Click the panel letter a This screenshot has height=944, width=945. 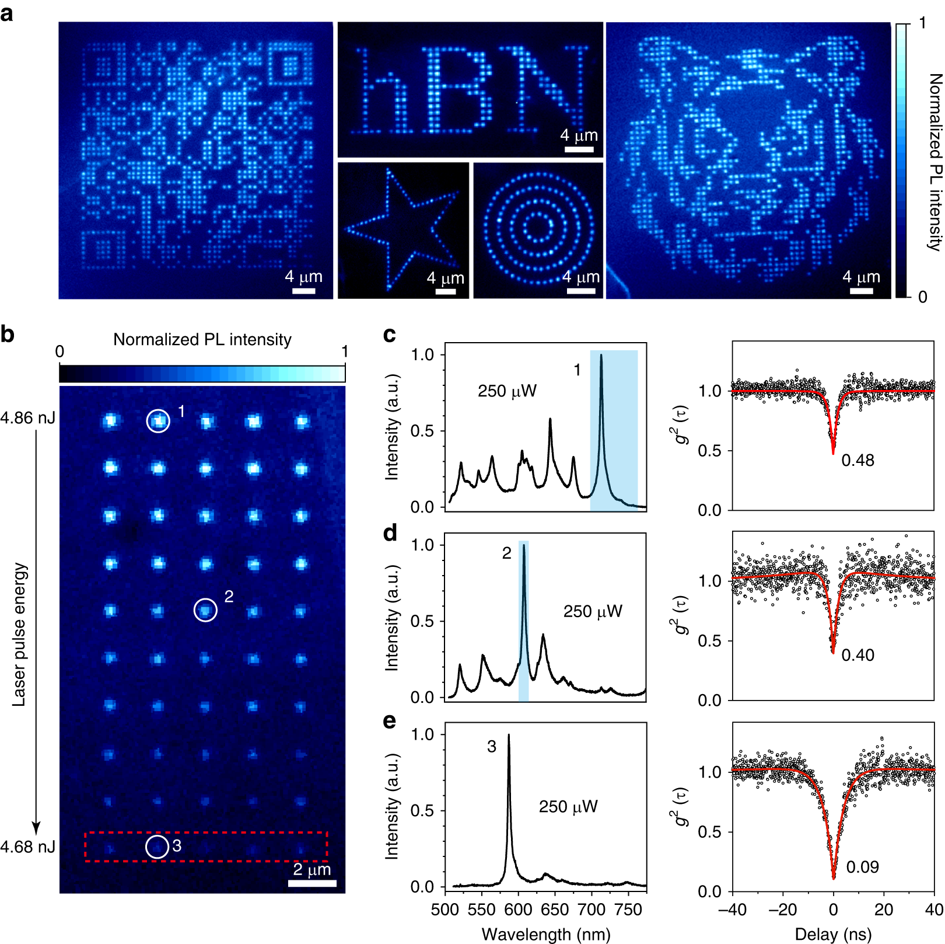pos(7,13)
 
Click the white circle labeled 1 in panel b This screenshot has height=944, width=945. pos(158,421)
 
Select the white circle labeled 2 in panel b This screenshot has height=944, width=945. pos(205,610)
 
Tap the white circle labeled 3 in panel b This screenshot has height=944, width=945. pos(157,847)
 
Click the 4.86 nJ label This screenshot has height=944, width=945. pos(28,418)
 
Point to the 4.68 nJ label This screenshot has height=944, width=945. pos(28,847)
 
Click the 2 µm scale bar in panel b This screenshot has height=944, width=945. pos(312,883)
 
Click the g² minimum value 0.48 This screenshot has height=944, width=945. pos(857,461)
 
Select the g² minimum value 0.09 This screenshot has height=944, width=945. pos(862,867)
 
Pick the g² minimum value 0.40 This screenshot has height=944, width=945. pos(857,655)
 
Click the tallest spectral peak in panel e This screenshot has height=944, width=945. pos(509,737)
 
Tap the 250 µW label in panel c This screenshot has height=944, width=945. pos(507,391)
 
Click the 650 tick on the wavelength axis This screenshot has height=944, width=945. pos(555,910)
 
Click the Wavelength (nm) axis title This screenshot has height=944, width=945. pos(545,934)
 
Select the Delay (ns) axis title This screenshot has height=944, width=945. pos(833,934)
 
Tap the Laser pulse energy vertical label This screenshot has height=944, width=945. pos(19,634)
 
